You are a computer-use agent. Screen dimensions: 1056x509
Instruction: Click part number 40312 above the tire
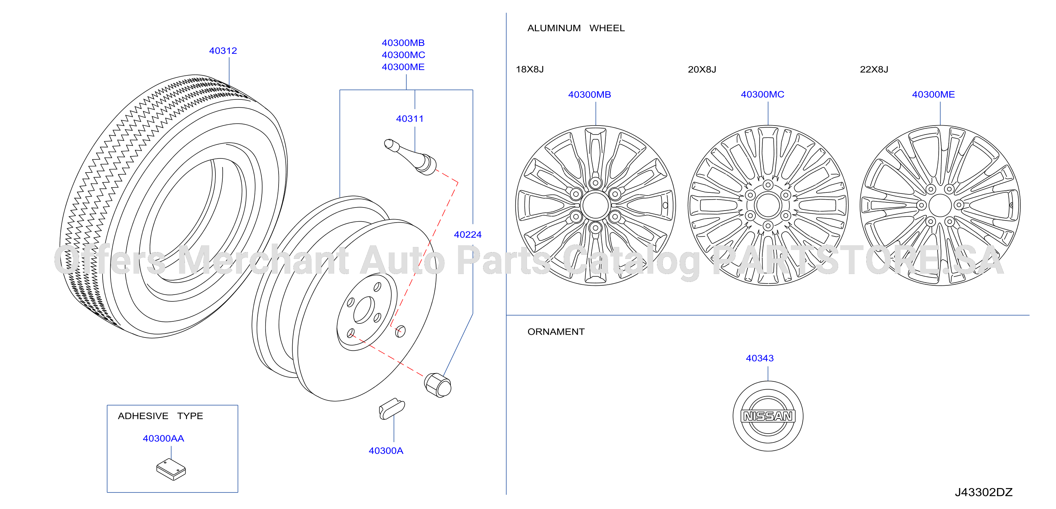coord(223,51)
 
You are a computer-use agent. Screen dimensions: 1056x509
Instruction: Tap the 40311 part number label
coord(410,119)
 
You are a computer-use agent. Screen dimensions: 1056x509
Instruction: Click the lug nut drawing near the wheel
coord(438,385)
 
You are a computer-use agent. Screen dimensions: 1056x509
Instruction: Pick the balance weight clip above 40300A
coord(391,409)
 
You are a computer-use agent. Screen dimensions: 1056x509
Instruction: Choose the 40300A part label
coord(386,451)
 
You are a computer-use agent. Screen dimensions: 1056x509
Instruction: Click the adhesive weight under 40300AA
coord(171,469)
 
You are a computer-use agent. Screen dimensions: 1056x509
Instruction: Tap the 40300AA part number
coord(163,438)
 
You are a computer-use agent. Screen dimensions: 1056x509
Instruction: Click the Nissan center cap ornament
coord(768,416)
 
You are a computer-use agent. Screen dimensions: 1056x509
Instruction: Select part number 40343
coord(760,358)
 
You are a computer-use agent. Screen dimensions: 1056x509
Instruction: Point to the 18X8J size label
coord(530,69)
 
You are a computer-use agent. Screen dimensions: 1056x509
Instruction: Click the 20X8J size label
coord(702,69)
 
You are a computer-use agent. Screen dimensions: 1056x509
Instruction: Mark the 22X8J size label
coord(874,69)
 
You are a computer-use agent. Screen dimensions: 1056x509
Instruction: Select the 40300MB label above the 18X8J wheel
coord(589,95)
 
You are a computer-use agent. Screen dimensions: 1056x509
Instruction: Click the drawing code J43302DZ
coord(984,492)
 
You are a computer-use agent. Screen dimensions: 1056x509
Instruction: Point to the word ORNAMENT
coord(556,332)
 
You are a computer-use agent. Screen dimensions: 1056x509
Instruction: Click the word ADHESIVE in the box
coord(143,416)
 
